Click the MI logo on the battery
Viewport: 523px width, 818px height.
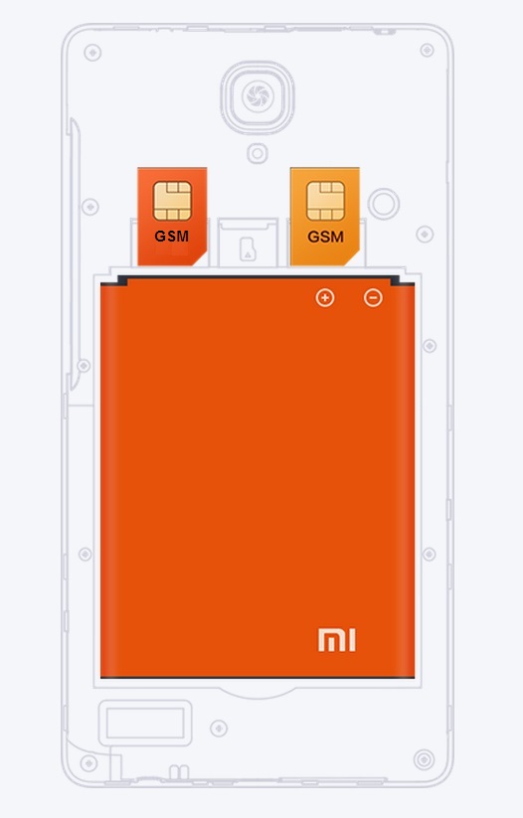tap(337, 640)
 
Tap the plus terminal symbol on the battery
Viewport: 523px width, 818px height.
tap(325, 298)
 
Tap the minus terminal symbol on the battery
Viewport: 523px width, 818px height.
tap(373, 298)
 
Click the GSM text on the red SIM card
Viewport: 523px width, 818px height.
tap(172, 237)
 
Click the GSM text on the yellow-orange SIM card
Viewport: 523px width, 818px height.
tap(325, 237)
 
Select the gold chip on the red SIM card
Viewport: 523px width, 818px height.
tap(172, 201)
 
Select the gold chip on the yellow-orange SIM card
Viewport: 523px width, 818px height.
tap(325, 201)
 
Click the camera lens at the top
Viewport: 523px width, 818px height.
tap(258, 96)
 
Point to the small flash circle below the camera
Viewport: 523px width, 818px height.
tap(258, 154)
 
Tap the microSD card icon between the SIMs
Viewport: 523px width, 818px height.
tap(248, 249)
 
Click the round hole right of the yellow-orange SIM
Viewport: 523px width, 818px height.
tap(384, 204)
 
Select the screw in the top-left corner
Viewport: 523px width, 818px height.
tap(92, 53)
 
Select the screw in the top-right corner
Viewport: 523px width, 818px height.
tap(427, 50)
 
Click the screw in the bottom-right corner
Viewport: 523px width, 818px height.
tap(424, 759)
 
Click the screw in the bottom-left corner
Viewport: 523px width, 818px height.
tap(88, 763)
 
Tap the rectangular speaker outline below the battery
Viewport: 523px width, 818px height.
tap(145, 723)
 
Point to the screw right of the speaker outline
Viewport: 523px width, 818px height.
tap(219, 728)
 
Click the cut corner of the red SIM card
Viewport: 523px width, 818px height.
tap(198, 257)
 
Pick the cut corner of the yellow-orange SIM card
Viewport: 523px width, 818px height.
tap(351, 257)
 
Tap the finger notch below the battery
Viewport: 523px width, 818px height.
tap(258, 693)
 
